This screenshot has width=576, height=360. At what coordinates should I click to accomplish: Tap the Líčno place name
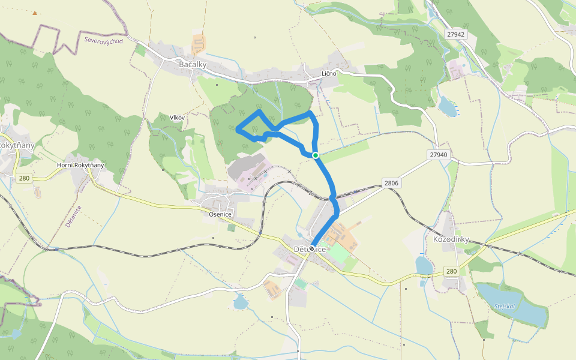329,73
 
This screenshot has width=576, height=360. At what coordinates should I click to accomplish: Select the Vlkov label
177,118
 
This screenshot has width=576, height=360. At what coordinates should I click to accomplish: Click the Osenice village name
220,214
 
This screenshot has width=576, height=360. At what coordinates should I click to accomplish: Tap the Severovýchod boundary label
104,41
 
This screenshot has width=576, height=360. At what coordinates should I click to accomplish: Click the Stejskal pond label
505,306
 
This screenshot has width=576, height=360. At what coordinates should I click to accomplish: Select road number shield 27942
456,34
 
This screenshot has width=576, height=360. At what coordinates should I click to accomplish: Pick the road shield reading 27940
439,154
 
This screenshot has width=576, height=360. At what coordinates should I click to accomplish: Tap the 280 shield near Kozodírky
451,271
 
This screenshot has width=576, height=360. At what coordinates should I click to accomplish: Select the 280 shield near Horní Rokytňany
24,178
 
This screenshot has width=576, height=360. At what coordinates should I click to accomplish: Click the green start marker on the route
315,155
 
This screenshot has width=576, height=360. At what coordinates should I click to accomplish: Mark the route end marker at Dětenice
312,248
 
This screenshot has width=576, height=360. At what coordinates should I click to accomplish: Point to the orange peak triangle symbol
35,13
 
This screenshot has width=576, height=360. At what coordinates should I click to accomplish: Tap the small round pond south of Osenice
240,302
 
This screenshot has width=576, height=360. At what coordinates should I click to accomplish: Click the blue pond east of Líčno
448,107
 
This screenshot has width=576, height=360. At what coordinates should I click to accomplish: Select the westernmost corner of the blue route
238,129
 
